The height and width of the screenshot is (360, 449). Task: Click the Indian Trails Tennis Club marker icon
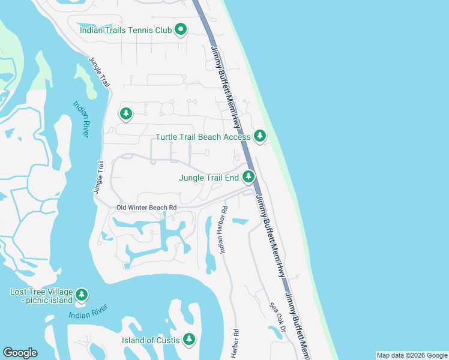pos(181,30)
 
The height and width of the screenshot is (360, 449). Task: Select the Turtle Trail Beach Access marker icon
pos(259,137)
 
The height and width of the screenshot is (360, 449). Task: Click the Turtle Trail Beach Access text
pos(203,137)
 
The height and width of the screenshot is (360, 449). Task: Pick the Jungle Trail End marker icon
pos(249,177)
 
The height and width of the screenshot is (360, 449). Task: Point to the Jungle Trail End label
pos(209,178)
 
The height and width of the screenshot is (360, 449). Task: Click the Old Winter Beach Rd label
pos(147,208)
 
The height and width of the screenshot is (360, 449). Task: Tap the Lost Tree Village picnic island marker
pos(82,295)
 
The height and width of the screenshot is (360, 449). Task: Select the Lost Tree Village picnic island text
pos(41,296)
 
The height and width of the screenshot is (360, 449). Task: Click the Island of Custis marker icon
pos(189,340)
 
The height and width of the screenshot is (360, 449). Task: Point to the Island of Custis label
pos(150,340)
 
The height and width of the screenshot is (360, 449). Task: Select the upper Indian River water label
pos(80,119)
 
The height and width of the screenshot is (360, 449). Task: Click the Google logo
pos(20,353)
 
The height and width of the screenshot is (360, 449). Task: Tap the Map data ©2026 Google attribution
pos(411,355)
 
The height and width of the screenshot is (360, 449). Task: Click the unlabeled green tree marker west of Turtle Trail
pos(125,113)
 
